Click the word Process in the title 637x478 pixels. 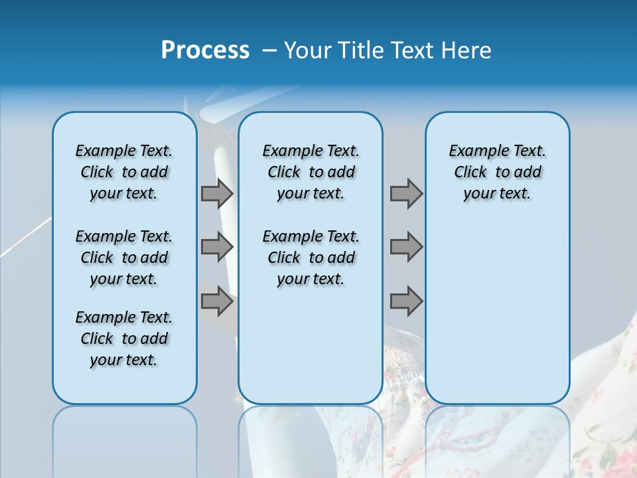[x=205, y=50]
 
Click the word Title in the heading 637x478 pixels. [x=362, y=50]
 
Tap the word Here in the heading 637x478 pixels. [x=466, y=50]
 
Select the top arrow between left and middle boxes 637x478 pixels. [x=217, y=194]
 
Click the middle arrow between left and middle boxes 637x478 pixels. [x=217, y=247]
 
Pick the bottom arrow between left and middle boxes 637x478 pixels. [x=217, y=302]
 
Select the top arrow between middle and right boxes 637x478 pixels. [x=406, y=194]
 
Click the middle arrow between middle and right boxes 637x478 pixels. [x=406, y=247]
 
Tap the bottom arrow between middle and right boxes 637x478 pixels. [x=406, y=302]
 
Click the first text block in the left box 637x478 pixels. [x=124, y=172]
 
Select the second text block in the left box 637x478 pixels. [x=124, y=258]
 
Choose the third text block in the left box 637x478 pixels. [x=124, y=339]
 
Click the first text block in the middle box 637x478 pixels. [x=311, y=172]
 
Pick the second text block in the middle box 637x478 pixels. [x=311, y=258]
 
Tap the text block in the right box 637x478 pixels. [x=497, y=172]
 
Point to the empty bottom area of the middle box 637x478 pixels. [x=311, y=352]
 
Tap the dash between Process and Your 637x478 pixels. [x=269, y=50]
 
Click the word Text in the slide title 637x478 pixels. [x=413, y=50]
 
